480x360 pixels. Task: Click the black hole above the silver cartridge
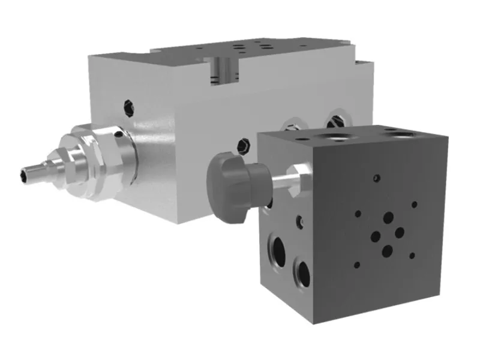128,107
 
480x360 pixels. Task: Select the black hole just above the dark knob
242,145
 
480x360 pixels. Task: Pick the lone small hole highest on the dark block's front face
376,178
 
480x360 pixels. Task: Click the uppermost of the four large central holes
389,218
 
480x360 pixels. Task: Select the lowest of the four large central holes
388,250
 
